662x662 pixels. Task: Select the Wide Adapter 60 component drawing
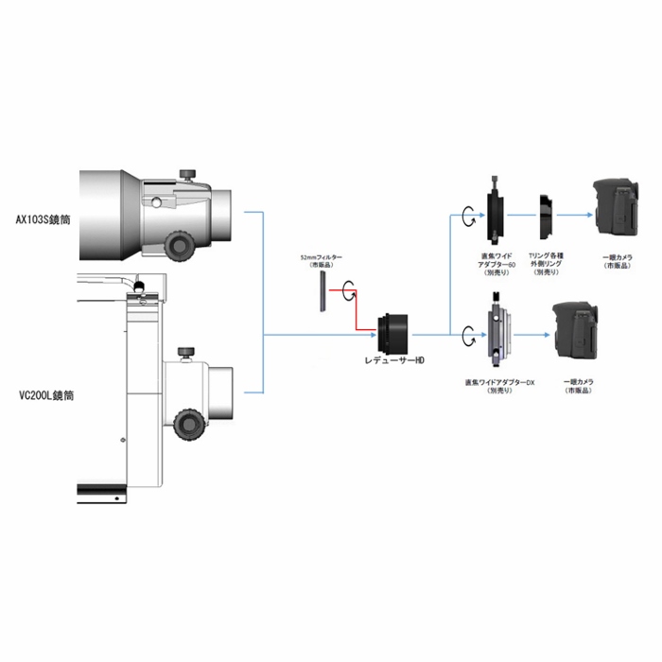(496, 214)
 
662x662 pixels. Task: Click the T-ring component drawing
(547, 217)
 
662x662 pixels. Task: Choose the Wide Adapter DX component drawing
(499, 334)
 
